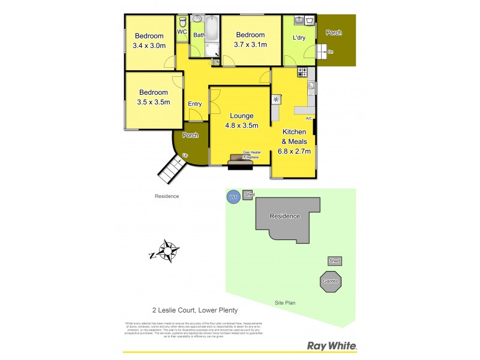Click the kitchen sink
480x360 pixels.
coord(311,87)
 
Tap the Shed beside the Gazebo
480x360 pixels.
coord(335,261)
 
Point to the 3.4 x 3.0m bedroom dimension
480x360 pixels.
coord(149,45)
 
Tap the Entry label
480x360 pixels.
coord(195,104)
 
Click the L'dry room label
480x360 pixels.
coord(299,38)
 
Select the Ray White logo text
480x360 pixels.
coord(332,346)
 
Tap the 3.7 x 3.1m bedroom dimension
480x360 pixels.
coord(251,44)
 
